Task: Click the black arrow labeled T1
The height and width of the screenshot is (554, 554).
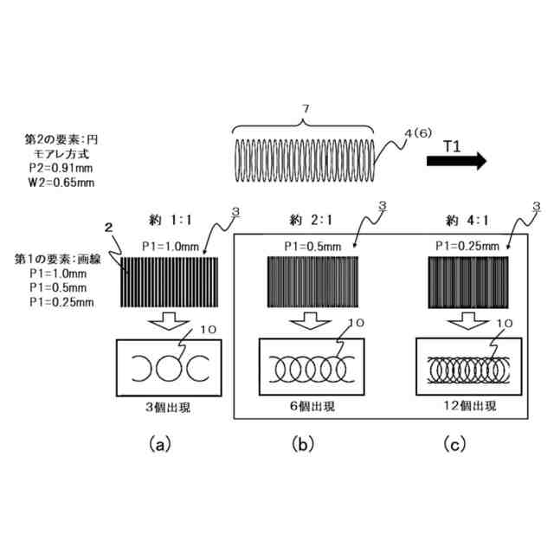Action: coord(456,161)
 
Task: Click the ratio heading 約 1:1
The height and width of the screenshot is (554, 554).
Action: coord(168,221)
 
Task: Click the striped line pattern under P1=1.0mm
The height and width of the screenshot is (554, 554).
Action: coord(168,280)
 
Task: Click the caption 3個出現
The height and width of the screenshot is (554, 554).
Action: coord(168,405)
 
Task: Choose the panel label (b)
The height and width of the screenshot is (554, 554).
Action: coord(304,444)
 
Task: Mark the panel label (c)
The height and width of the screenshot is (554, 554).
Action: coord(454,444)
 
